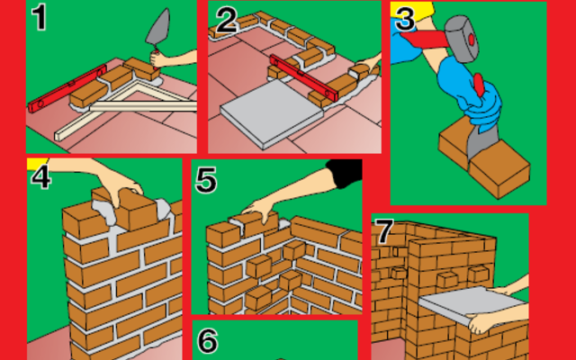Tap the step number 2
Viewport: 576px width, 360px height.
(x=225, y=20)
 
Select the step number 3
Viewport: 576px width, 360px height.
(x=406, y=19)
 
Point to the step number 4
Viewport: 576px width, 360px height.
(x=40, y=175)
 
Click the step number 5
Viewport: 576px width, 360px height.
(x=206, y=180)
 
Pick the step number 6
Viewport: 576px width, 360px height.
(x=207, y=341)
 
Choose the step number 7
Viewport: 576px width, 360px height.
(x=384, y=231)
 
